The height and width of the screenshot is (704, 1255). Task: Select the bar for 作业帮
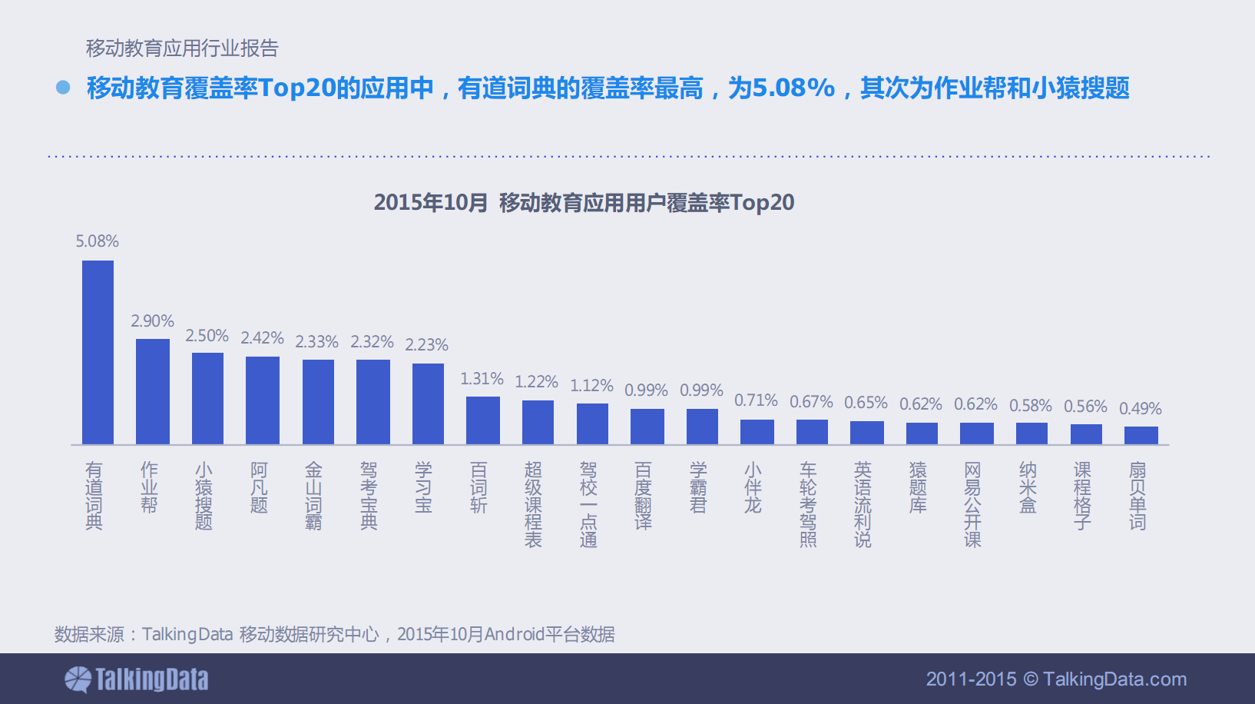(x=153, y=391)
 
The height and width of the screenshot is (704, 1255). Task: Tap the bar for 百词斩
(x=483, y=420)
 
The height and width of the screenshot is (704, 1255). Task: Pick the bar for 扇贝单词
(x=1141, y=435)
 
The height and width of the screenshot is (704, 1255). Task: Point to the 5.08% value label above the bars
(x=97, y=241)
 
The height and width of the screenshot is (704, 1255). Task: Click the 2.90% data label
(x=152, y=321)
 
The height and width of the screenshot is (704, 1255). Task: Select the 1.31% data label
(x=482, y=379)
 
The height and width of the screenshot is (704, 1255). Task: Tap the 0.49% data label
(x=1140, y=409)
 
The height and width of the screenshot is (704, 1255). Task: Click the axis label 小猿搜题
(x=204, y=496)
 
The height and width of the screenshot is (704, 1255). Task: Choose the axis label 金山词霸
(x=313, y=496)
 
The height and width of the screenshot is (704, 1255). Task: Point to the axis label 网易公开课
(x=972, y=504)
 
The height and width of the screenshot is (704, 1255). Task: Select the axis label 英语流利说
(x=863, y=504)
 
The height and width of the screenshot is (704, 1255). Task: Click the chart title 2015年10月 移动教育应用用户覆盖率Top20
(x=584, y=203)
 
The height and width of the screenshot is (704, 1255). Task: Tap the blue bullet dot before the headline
(x=63, y=88)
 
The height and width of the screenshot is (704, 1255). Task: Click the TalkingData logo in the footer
(x=137, y=679)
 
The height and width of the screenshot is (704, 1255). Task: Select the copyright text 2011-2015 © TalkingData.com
(x=1056, y=679)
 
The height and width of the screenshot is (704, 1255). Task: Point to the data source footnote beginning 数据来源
(x=334, y=634)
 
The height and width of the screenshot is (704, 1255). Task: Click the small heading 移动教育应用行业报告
(x=182, y=48)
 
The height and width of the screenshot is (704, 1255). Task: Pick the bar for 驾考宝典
(x=373, y=402)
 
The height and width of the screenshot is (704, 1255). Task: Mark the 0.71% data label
(x=756, y=400)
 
